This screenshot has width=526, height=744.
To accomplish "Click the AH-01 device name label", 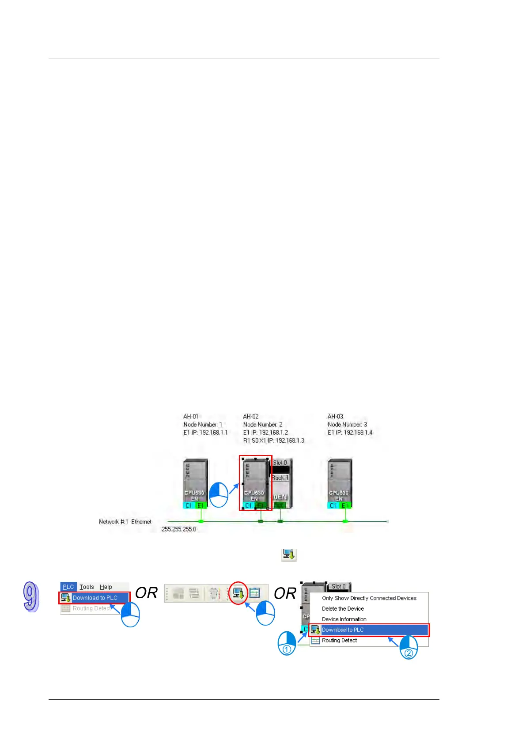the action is (191, 417).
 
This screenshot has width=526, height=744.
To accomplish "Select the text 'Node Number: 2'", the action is (262, 425).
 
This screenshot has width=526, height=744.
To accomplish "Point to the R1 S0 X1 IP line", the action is (273, 440).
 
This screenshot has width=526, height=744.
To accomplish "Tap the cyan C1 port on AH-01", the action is (189, 505).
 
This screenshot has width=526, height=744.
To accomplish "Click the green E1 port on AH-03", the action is (345, 505).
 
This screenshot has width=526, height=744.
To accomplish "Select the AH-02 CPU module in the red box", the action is (255, 482).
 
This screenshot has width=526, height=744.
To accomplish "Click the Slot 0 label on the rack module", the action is (280, 463).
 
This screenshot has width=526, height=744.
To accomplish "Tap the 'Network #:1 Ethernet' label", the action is (125, 522).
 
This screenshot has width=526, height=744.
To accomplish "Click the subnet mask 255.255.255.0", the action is (179, 529).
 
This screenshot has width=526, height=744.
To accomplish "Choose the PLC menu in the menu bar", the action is (68, 587).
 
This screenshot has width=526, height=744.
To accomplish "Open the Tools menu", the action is (87, 587).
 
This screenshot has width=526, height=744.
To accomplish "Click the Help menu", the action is (106, 587).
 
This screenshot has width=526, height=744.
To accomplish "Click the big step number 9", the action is (31, 597).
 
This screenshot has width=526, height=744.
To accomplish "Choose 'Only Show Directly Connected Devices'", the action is (369, 598).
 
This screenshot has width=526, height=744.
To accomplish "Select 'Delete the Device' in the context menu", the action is (343, 609).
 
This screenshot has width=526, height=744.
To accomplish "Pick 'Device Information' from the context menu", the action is (344, 619).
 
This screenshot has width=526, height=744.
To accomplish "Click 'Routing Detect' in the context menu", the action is (339, 641).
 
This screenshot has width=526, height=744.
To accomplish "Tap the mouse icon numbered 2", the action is (409, 648).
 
